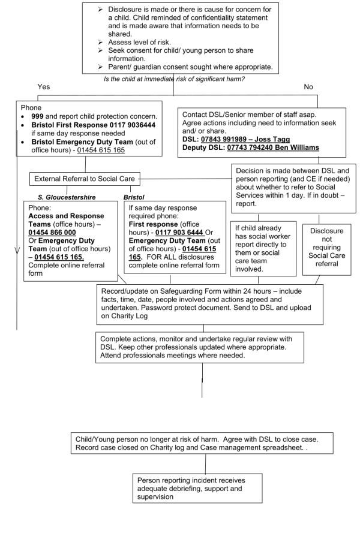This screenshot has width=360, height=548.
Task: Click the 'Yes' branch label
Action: (x=44, y=86)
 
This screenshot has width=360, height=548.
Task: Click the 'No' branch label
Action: (x=308, y=86)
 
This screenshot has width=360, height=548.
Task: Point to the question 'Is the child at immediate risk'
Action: (x=174, y=79)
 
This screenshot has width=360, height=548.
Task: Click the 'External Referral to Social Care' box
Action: (x=85, y=179)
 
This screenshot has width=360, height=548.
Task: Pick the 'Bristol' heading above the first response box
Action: (x=134, y=197)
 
